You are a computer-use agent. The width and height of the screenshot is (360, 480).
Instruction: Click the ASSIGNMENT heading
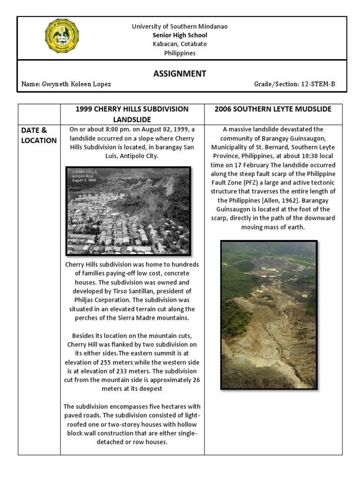tap(180, 74)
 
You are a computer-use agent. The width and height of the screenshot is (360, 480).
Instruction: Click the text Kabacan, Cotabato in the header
tap(180, 44)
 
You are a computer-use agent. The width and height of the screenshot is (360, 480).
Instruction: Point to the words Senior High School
tap(180, 35)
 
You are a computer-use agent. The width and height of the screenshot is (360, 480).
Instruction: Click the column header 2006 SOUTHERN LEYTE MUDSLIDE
tap(273, 109)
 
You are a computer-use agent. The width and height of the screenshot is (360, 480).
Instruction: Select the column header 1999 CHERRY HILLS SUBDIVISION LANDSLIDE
tap(132, 114)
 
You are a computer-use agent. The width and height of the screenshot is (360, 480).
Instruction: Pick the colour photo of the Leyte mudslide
tap(269, 315)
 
